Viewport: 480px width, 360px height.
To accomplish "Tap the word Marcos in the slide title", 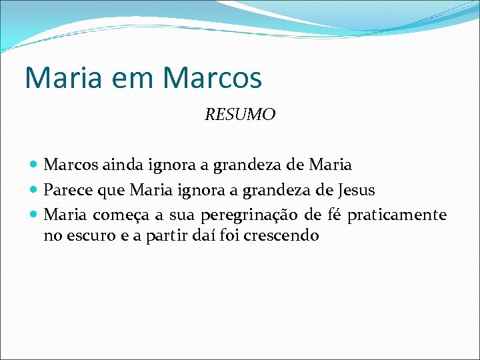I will [212, 77].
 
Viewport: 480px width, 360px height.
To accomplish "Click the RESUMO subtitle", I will [239, 115].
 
